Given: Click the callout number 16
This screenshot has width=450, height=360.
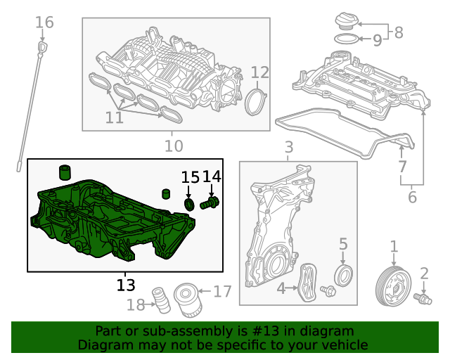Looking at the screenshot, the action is (x=44, y=22).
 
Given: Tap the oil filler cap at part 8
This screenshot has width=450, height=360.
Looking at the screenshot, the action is (x=347, y=20).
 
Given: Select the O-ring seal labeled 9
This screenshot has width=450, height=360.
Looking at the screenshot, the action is (x=346, y=39).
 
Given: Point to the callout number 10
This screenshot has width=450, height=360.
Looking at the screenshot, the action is (x=174, y=146).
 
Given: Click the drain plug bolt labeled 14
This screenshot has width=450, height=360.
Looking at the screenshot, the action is (x=210, y=203).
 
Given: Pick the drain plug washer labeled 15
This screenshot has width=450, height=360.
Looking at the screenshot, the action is (x=189, y=205).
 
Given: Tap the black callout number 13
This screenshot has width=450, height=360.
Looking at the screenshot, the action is (x=126, y=285).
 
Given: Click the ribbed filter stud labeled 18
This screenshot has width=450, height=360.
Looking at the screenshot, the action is (x=161, y=300).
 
